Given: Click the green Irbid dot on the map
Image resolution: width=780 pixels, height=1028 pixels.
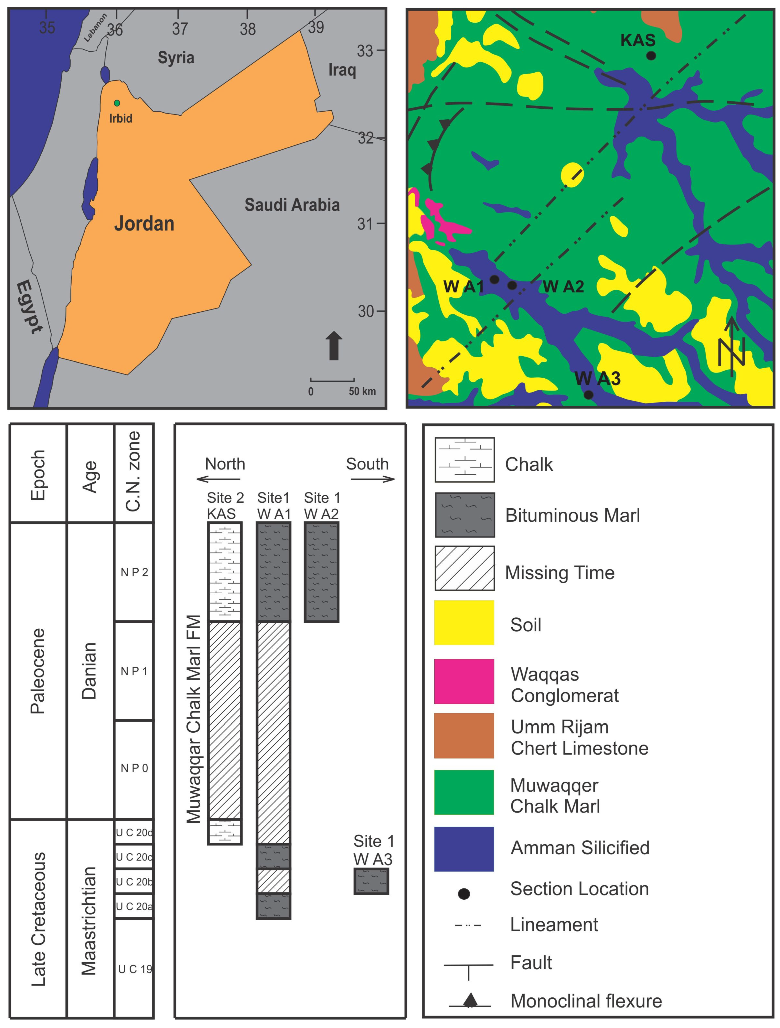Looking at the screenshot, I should (x=117, y=103).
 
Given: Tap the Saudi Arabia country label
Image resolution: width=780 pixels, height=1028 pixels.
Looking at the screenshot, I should (x=292, y=205).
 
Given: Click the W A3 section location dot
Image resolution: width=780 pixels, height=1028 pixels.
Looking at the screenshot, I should (x=588, y=394).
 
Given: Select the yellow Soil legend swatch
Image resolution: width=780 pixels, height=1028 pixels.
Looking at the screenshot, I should (x=464, y=623).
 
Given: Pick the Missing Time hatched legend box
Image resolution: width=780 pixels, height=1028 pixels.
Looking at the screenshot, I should (x=464, y=568).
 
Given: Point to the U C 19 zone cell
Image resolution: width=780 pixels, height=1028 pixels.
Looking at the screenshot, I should (x=134, y=969).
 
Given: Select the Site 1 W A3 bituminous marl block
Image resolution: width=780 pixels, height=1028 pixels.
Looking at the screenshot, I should (x=371, y=881).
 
